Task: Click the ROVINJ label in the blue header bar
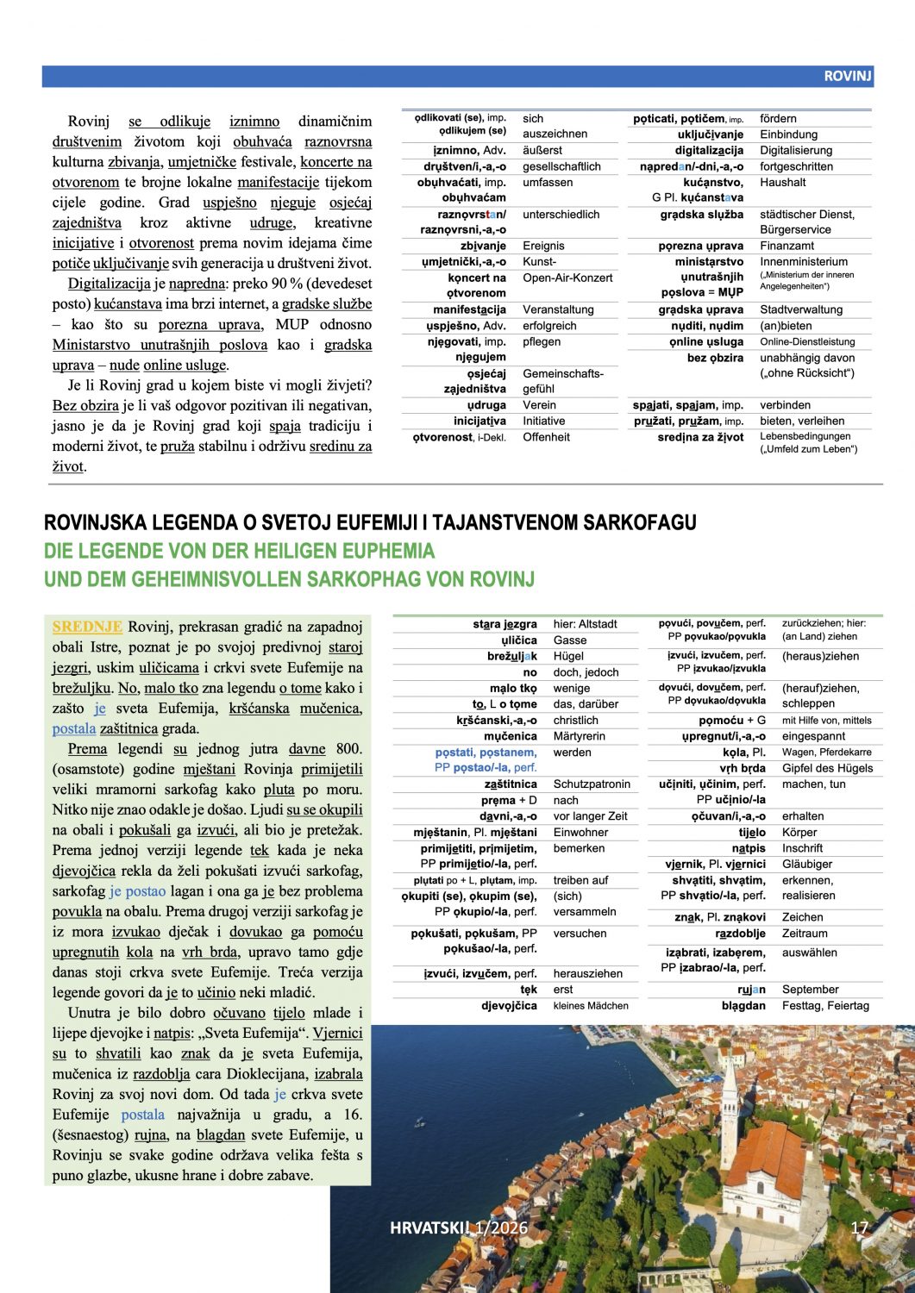point(847,76)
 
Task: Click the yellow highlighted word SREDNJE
point(87,627)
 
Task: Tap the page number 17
point(859,1228)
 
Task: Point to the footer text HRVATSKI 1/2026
point(458,1228)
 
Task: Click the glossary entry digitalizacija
point(709,150)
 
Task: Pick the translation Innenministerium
point(804,261)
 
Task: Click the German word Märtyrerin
point(580,736)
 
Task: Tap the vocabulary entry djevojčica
point(509,1005)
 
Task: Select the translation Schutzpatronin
point(592,784)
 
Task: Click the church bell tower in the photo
point(730,1112)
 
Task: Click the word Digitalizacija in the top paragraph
point(110,284)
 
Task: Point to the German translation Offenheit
point(546,437)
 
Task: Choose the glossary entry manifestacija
point(469,309)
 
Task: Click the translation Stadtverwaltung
point(794,309)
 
